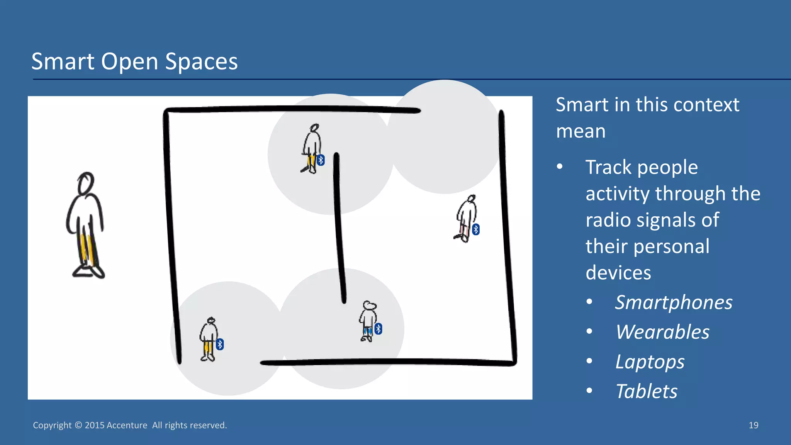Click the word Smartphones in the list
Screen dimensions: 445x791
(674, 302)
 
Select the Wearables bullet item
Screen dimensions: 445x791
(662, 332)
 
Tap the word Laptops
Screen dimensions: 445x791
(650, 362)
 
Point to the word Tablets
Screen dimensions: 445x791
(646, 391)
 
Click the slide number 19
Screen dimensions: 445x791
(753, 425)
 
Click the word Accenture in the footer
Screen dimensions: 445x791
(127, 425)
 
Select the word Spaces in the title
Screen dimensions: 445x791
(201, 61)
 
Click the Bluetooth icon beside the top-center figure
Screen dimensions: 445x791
(321, 160)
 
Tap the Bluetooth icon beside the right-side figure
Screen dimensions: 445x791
(476, 229)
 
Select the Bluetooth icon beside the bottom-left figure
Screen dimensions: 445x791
(220, 344)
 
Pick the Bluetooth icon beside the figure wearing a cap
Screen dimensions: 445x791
(379, 329)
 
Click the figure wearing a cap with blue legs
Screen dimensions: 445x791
(368, 321)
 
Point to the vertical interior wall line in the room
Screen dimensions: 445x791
(339, 228)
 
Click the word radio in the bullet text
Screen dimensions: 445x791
(608, 220)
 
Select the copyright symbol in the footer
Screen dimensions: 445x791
(78, 425)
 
